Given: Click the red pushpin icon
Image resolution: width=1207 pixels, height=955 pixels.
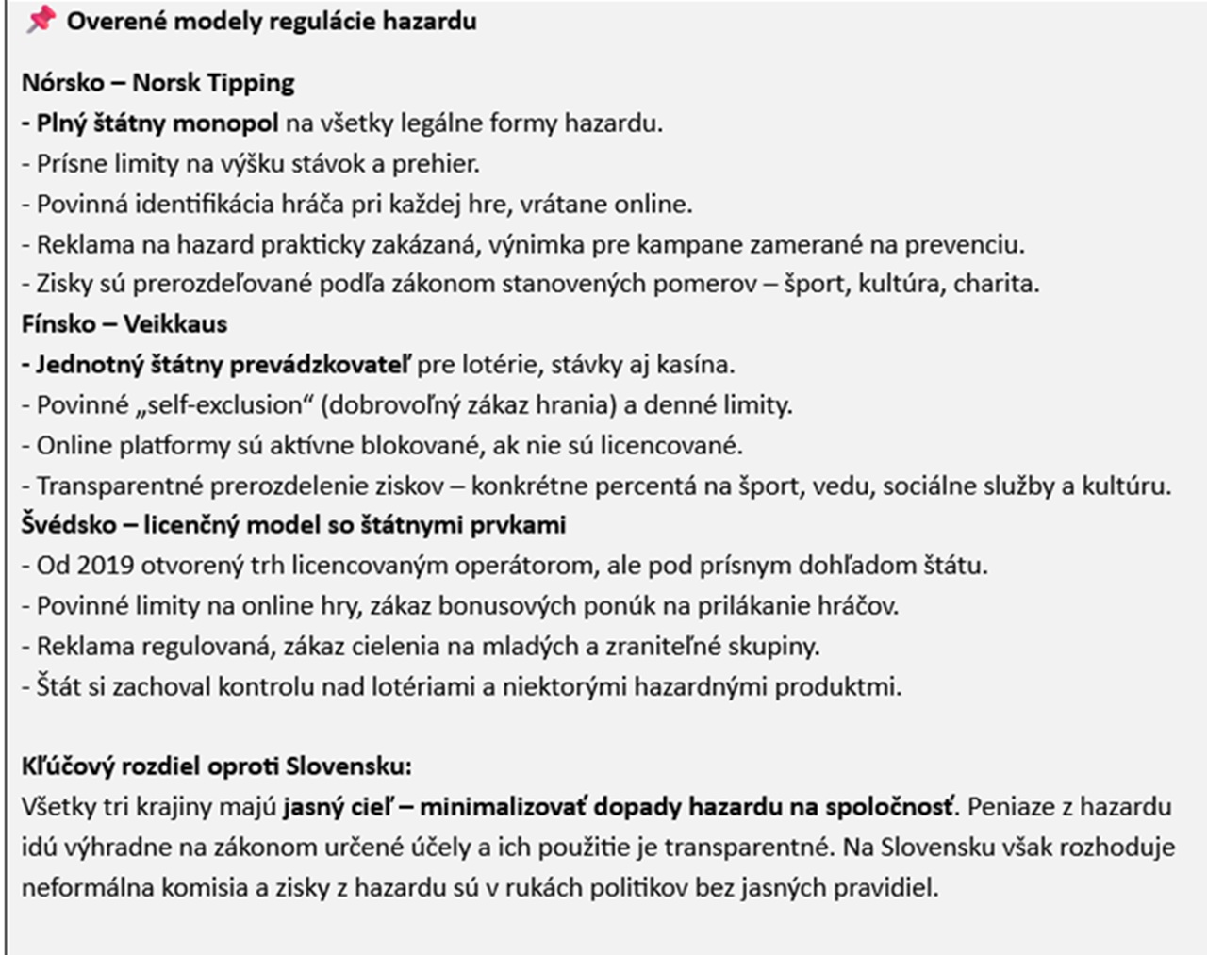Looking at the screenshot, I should point(41,20).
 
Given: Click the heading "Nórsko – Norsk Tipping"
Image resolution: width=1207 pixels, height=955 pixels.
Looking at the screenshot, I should point(157,83).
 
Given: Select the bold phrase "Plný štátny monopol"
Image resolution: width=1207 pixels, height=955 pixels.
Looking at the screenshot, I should point(157,123).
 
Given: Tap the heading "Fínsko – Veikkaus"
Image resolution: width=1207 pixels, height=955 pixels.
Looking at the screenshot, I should point(124,324).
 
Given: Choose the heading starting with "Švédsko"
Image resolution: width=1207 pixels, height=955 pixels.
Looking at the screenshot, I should point(293,525).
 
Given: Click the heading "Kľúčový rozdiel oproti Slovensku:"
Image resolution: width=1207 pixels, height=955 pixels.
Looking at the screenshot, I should point(216,766).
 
